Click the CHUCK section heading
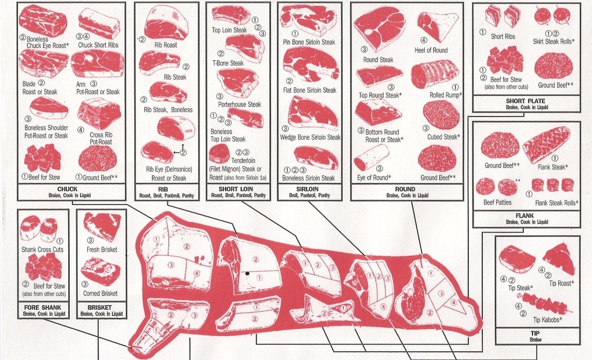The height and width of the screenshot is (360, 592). tap(71, 189)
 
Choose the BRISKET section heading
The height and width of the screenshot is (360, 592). tap(100, 307)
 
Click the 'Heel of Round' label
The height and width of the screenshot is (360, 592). tap(431, 50)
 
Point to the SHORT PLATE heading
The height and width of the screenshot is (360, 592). tap(525, 101)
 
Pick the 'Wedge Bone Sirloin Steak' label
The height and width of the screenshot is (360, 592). tap(310, 137)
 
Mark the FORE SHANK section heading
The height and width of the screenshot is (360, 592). tap(44, 307)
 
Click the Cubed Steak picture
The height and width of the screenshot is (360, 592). tap(441, 115)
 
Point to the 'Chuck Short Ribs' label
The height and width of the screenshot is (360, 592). tap(99, 45)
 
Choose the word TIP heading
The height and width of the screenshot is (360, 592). tap(537, 333)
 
